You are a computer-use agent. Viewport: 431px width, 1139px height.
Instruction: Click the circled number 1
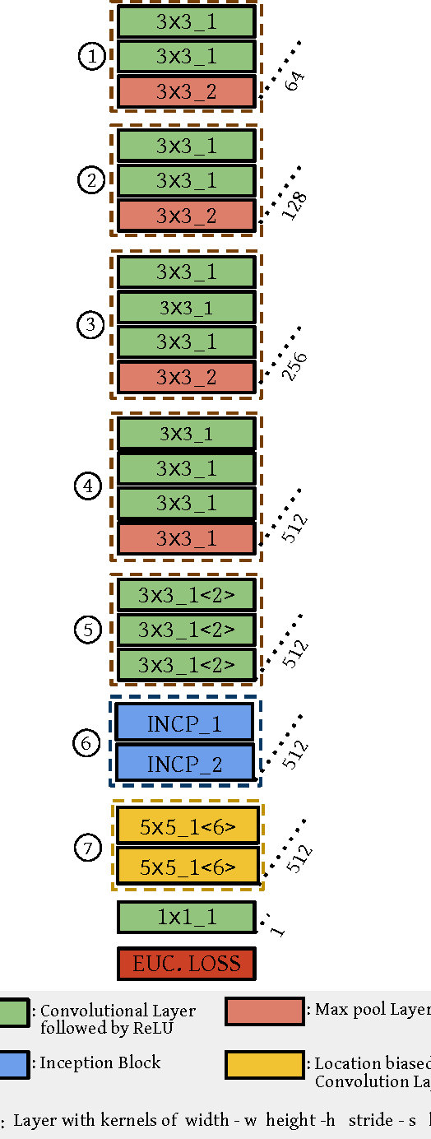[x=92, y=57]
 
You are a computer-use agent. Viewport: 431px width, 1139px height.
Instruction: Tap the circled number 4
[x=88, y=486]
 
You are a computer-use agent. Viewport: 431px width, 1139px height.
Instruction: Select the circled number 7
[x=89, y=847]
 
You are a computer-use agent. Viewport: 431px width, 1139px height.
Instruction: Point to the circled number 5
[x=89, y=630]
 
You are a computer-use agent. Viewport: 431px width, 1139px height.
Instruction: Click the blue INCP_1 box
[x=184, y=724]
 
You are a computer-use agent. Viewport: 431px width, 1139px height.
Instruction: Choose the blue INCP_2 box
[x=184, y=764]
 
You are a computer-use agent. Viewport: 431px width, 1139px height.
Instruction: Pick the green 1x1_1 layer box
[x=187, y=917]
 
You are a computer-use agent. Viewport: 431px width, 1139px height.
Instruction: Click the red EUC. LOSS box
[x=187, y=964]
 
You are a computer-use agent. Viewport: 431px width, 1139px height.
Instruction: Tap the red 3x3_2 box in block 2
[x=187, y=216]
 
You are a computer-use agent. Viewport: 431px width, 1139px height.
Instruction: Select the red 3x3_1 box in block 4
[x=187, y=538]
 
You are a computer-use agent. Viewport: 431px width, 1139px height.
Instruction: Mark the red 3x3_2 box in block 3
[x=187, y=377]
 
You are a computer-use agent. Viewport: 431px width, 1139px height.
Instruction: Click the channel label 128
[x=294, y=206]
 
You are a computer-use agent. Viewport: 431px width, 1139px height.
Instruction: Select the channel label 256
[x=294, y=366]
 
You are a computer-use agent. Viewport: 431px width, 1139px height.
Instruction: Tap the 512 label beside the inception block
[x=294, y=754]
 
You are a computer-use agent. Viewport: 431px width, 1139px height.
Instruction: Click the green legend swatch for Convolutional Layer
[x=14, y=1011]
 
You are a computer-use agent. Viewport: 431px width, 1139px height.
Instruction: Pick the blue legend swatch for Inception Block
[x=14, y=1063]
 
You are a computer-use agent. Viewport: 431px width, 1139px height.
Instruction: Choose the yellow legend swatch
[x=264, y=1064]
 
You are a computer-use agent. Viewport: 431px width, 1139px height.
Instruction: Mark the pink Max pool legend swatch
[x=264, y=1011]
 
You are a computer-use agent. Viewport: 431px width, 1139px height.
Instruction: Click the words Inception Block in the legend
[x=100, y=1062]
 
